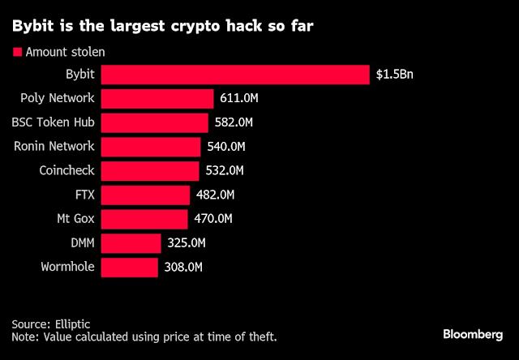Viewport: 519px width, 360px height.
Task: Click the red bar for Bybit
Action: click(x=235, y=75)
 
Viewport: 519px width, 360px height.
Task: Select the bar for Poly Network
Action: click(x=157, y=99)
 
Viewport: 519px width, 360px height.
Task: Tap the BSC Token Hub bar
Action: click(x=155, y=123)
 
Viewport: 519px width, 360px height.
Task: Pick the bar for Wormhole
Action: click(x=130, y=267)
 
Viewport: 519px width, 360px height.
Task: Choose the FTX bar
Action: click(x=146, y=195)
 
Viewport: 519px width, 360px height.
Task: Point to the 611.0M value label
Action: click(x=241, y=99)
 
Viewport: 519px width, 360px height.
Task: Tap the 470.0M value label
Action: click(x=212, y=219)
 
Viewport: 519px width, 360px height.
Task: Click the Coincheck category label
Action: click(x=66, y=171)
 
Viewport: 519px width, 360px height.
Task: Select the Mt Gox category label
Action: click(x=75, y=219)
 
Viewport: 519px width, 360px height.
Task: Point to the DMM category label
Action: click(x=80, y=242)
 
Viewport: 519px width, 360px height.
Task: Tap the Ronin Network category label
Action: click(x=54, y=147)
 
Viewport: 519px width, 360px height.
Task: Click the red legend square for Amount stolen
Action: click(x=14, y=52)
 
